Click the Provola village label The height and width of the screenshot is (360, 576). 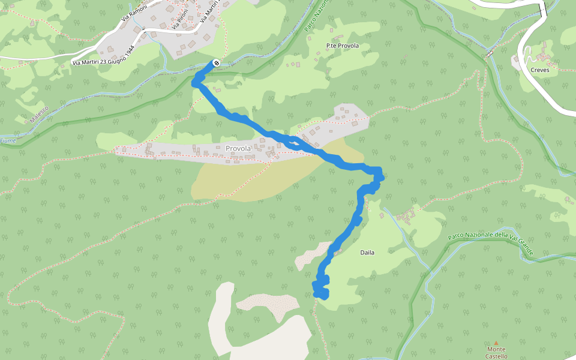click(x=237, y=148)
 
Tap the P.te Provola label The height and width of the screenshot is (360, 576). click(x=342, y=46)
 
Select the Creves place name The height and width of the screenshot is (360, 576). click(x=539, y=70)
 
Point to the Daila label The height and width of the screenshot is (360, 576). click(x=367, y=253)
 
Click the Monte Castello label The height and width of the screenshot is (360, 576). click(x=496, y=353)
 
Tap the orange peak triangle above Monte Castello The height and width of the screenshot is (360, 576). click(x=496, y=343)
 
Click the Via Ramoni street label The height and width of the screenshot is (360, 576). click(x=134, y=13)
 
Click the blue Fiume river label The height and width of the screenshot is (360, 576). click(x=7, y=140)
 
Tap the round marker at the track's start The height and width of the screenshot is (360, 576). click(x=216, y=63)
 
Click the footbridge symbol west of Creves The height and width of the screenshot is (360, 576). click(x=489, y=54)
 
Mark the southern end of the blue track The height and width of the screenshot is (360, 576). click(x=322, y=294)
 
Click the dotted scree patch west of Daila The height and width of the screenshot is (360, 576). click(x=312, y=255)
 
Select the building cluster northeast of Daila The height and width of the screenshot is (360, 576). click(x=406, y=214)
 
